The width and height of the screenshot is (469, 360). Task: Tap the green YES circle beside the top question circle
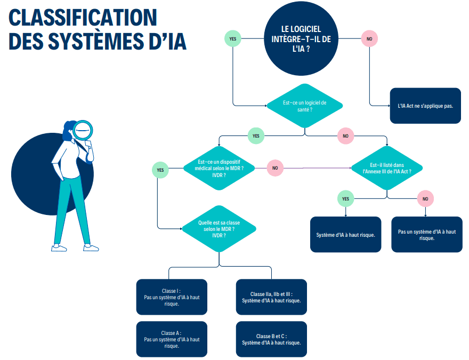click(x=233, y=38)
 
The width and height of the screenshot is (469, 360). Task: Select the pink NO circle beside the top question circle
click(x=369, y=38)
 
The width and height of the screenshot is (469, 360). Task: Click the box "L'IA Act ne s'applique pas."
click(x=425, y=106)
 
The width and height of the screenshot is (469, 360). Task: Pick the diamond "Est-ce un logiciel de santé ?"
click(x=304, y=106)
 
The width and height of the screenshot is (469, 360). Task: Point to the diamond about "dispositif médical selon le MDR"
click(x=217, y=168)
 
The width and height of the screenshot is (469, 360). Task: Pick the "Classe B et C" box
click(x=271, y=339)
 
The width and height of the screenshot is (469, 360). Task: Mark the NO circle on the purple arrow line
click(x=275, y=168)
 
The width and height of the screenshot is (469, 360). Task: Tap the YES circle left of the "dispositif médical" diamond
click(x=159, y=170)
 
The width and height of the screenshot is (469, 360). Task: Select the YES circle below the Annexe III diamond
click(x=345, y=199)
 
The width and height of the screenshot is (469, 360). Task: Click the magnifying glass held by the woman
click(x=83, y=129)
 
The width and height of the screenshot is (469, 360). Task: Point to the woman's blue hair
click(x=69, y=130)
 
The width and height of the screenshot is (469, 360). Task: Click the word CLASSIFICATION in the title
click(x=83, y=18)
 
